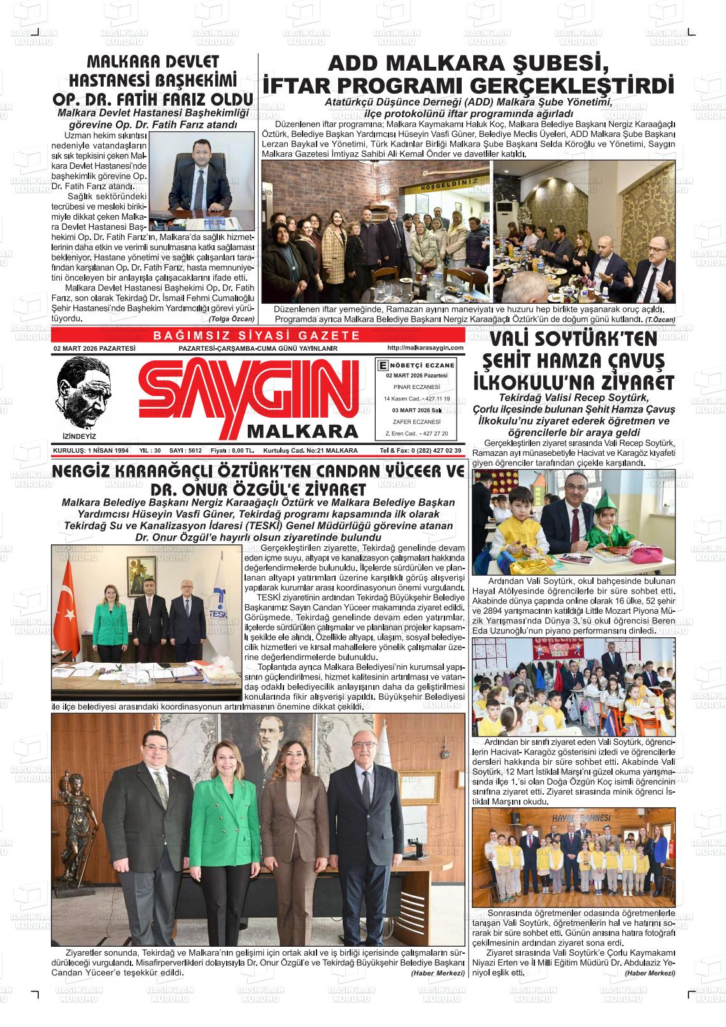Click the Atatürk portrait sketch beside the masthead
tap(82, 392)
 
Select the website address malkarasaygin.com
tap(424, 348)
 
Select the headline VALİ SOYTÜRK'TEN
tap(573, 339)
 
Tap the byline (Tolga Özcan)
tap(231, 318)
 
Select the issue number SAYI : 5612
tap(185, 450)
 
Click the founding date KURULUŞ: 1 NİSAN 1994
tap(91, 450)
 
